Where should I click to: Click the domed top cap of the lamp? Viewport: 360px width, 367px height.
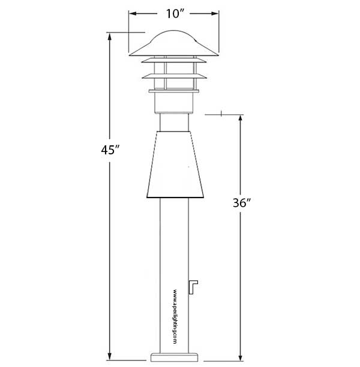click(x=175, y=43)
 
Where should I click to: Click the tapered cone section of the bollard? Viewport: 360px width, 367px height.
click(x=175, y=165)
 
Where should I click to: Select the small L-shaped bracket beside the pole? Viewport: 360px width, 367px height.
click(x=193, y=288)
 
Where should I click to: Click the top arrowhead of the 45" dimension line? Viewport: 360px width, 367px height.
click(x=109, y=36)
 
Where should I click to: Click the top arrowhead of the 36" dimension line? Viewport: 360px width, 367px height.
click(x=241, y=118)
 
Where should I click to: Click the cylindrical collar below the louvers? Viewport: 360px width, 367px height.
click(x=175, y=103)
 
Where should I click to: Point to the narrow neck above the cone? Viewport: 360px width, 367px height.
click(x=175, y=123)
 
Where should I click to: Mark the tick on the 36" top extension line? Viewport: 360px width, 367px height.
click(x=222, y=114)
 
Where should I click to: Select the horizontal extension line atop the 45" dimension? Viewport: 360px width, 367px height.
click(x=127, y=32)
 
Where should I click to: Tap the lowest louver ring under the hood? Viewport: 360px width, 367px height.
click(x=175, y=91)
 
